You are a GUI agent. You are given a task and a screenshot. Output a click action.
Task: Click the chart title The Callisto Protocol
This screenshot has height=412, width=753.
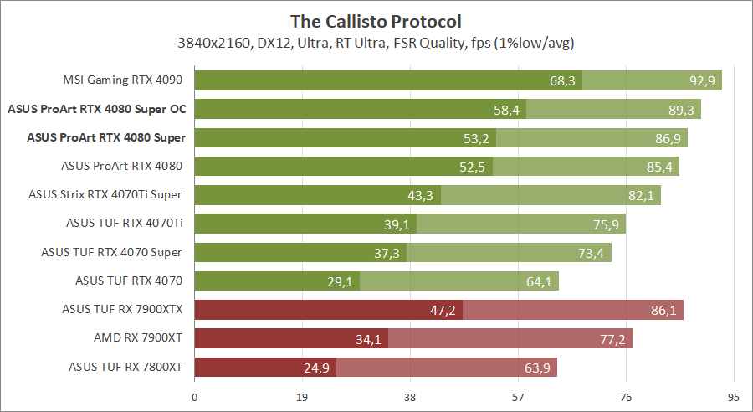click(x=376, y=20)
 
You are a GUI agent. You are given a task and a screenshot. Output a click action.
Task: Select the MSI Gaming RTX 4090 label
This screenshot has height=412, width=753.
click(x=122, y=81)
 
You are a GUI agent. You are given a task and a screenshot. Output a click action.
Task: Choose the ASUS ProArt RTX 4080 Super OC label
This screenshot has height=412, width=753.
click(x=96, y=110)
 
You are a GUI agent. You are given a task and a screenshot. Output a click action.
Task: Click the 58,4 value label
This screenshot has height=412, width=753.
click(x=506, y=110)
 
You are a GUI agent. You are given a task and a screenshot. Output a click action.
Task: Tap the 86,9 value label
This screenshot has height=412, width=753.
click(x=667, y=138)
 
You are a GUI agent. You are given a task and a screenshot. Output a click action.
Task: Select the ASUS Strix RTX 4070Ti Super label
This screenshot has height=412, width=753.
click(x=105, y=195)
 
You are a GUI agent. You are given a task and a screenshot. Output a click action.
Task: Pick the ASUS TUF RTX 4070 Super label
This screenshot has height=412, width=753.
click(x=111, y=252)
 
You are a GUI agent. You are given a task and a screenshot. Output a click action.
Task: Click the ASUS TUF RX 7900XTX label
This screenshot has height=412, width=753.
click(x=121, y=309)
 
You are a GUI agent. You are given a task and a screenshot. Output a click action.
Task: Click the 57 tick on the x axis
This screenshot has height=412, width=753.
click(x=518, y=398)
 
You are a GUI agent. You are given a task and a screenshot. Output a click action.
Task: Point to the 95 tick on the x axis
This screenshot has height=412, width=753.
click(x=733, y=398)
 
